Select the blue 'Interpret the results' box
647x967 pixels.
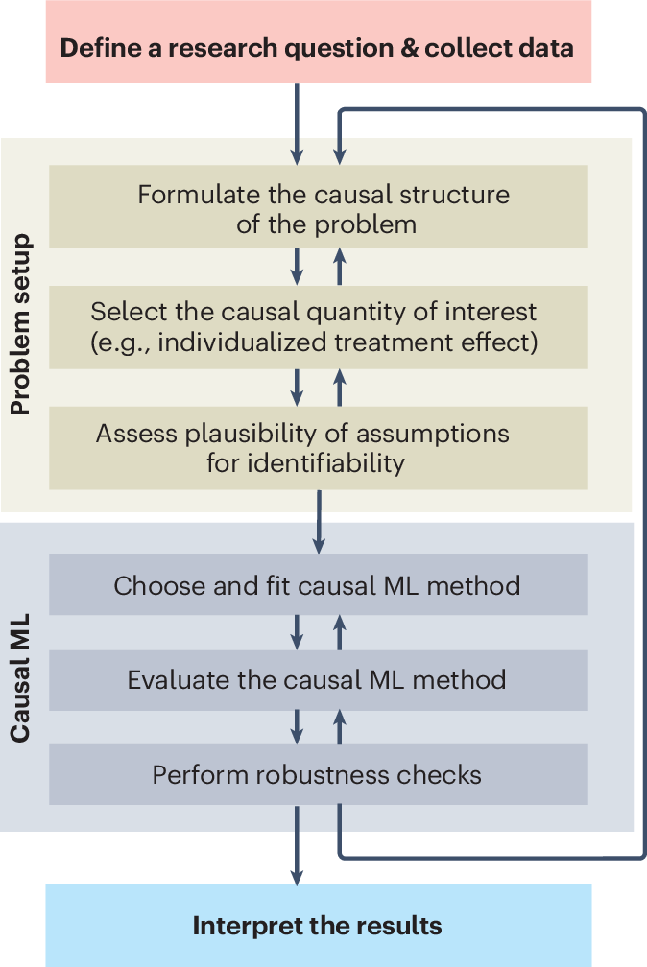pyautogui.click(x=318, y=926)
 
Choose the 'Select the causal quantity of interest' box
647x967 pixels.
pyautogui.click(x=318, y=327)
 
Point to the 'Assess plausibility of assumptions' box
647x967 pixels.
pyautogui.click(x=318, y=448)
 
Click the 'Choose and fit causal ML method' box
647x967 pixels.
pyautogui.click(x=318, y=585)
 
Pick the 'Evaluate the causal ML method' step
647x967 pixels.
pyautogui.click(x=318, y=680)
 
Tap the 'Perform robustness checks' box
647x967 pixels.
pyautogui.click(x=318, y=774)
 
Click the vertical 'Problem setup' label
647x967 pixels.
pyautogui.click(x=21, y=324)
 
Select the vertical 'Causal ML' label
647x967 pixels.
pyautogui.click(x=21, y=678)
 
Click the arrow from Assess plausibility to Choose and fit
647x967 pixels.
pyautogui.click(x=318, y=522)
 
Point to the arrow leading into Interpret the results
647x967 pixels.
pyautogui.click(x=297, y=844)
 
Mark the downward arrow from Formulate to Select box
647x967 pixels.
pyautogui.click(x=297, y=266)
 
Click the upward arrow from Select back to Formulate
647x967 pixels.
pyautogui.click(x=339, y=266)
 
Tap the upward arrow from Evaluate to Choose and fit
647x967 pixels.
pyautogui.click(x=339, y=632)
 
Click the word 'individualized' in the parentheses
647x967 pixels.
pyautogui.click(x=227, y=342)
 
